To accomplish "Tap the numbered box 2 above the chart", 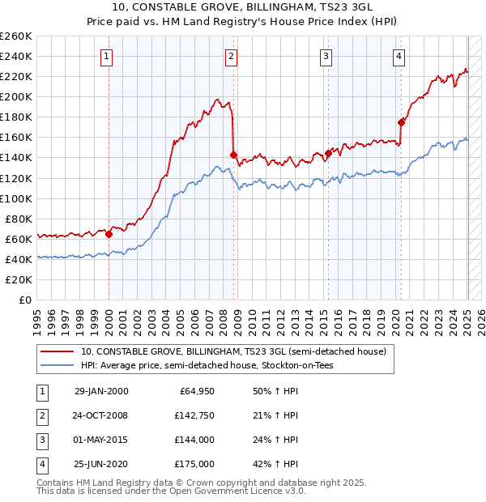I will pyautogui.click(x=232, y=56).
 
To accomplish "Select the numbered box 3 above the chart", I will pyautogui.click(x=326, y=56).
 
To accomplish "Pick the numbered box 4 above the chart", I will pyautogui.click(x=400, y=56).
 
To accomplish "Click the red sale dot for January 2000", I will pyautogui.click(x=109, y=234).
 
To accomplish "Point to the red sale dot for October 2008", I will pyautogui.click(x=233, y=155).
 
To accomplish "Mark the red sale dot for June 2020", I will pyautogui.click(x=401, y=122).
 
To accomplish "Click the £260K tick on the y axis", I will pyautogui.click(x=16, y=36).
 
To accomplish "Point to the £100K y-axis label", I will pyautogui.click(x=16, y=198).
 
